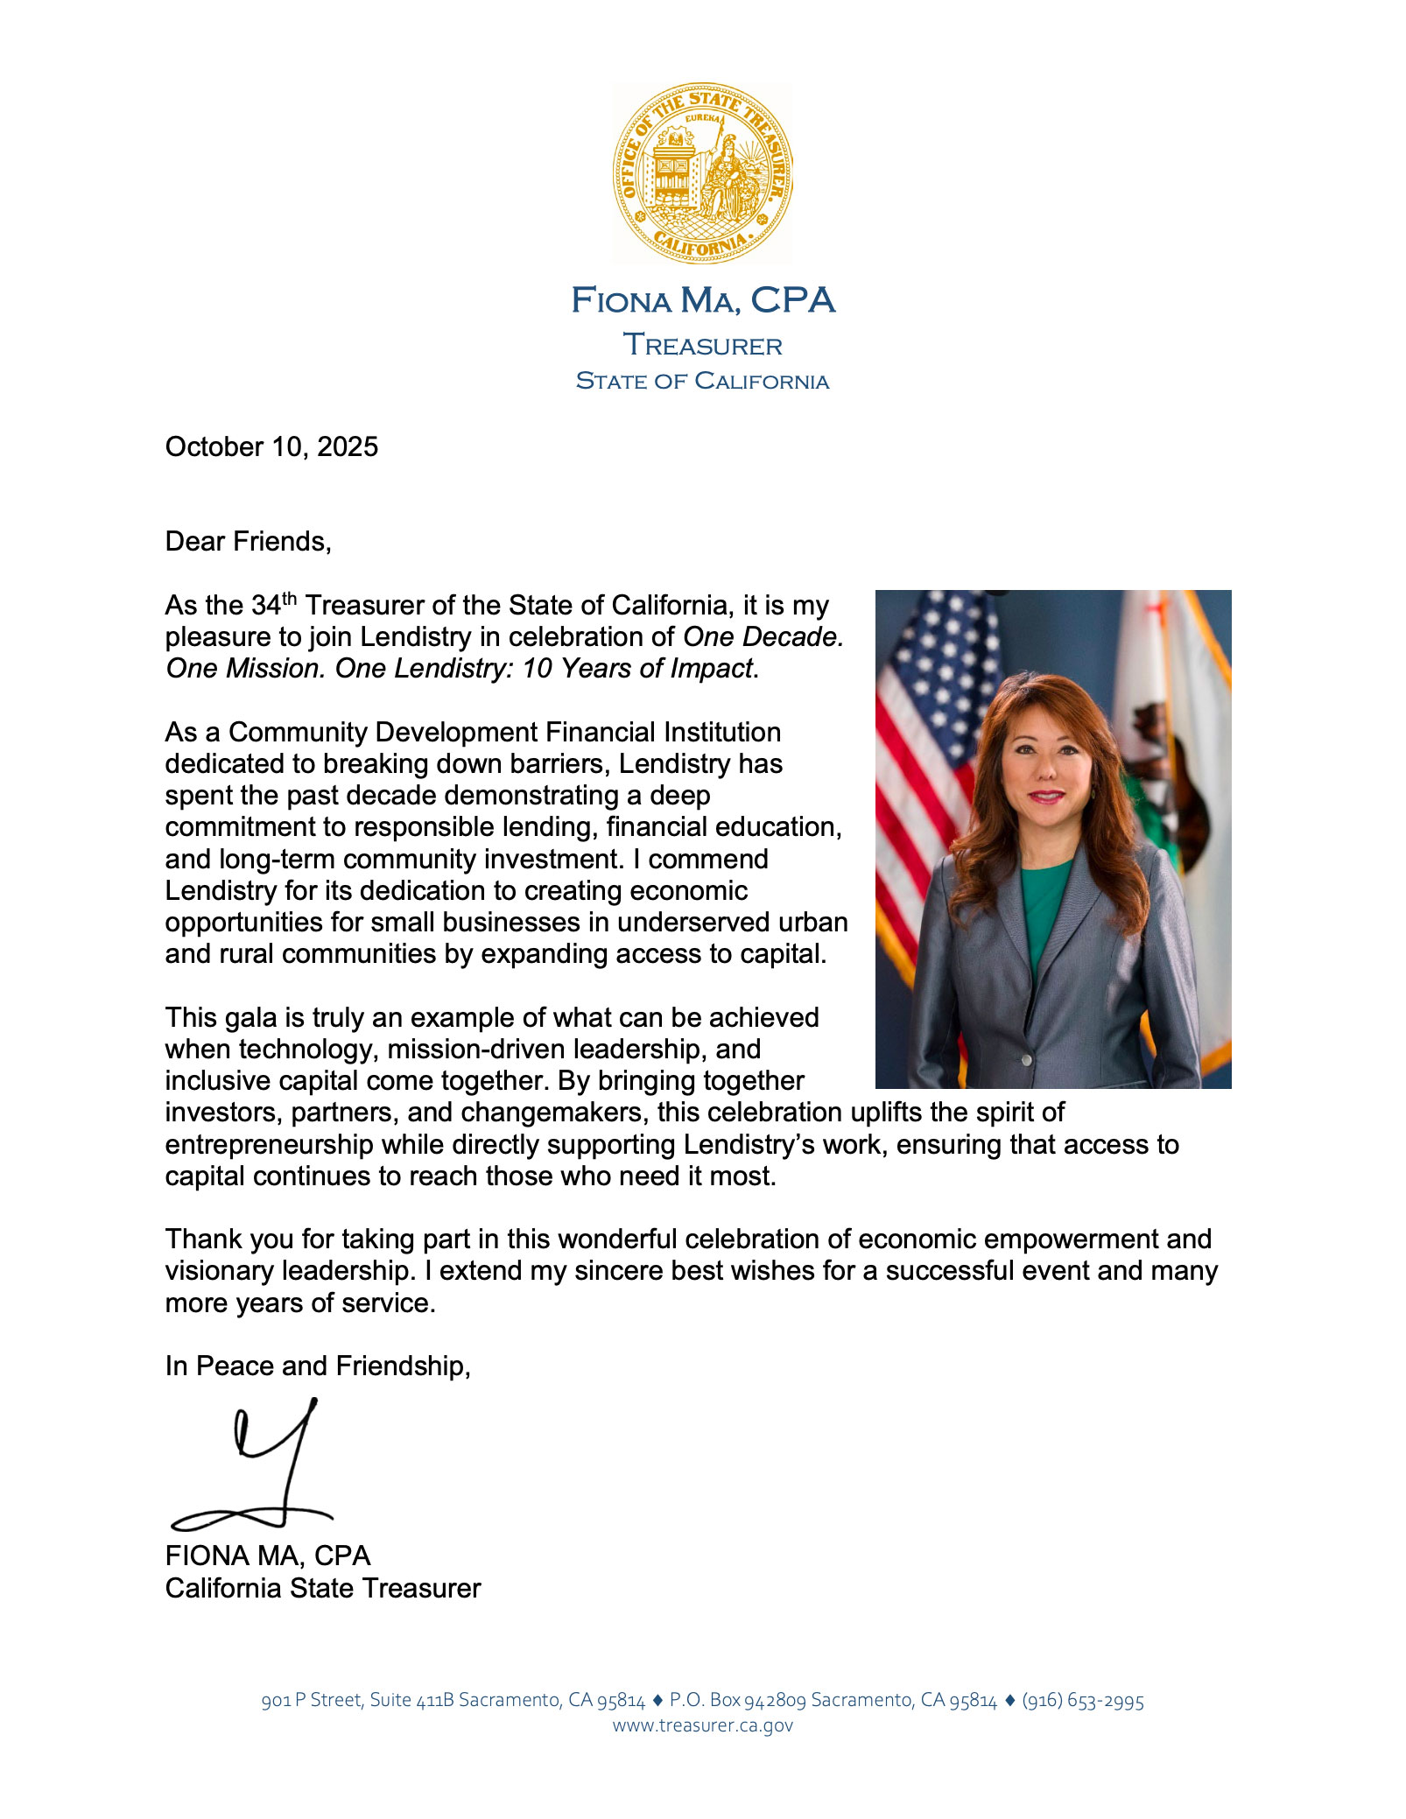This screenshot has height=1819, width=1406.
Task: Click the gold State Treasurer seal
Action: coord(702,173)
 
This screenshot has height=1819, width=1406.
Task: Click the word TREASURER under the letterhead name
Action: coord(702,346)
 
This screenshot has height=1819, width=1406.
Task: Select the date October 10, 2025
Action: coord(271,447)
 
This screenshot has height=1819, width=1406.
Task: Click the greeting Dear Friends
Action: coord(248,542)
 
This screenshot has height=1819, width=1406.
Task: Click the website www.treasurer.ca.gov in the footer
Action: coord(702,1725)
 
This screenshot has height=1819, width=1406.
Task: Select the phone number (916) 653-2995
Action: coord(1083,1700)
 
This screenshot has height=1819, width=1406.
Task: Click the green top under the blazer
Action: coord(1044,902)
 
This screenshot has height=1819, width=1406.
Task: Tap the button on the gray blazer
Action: coord(1027,1059)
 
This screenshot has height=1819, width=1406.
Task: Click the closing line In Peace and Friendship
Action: coord(318,1366)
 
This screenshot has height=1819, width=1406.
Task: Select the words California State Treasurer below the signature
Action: coord(323,1589)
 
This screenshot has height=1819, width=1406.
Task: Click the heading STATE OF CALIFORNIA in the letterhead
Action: coord(702,382)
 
